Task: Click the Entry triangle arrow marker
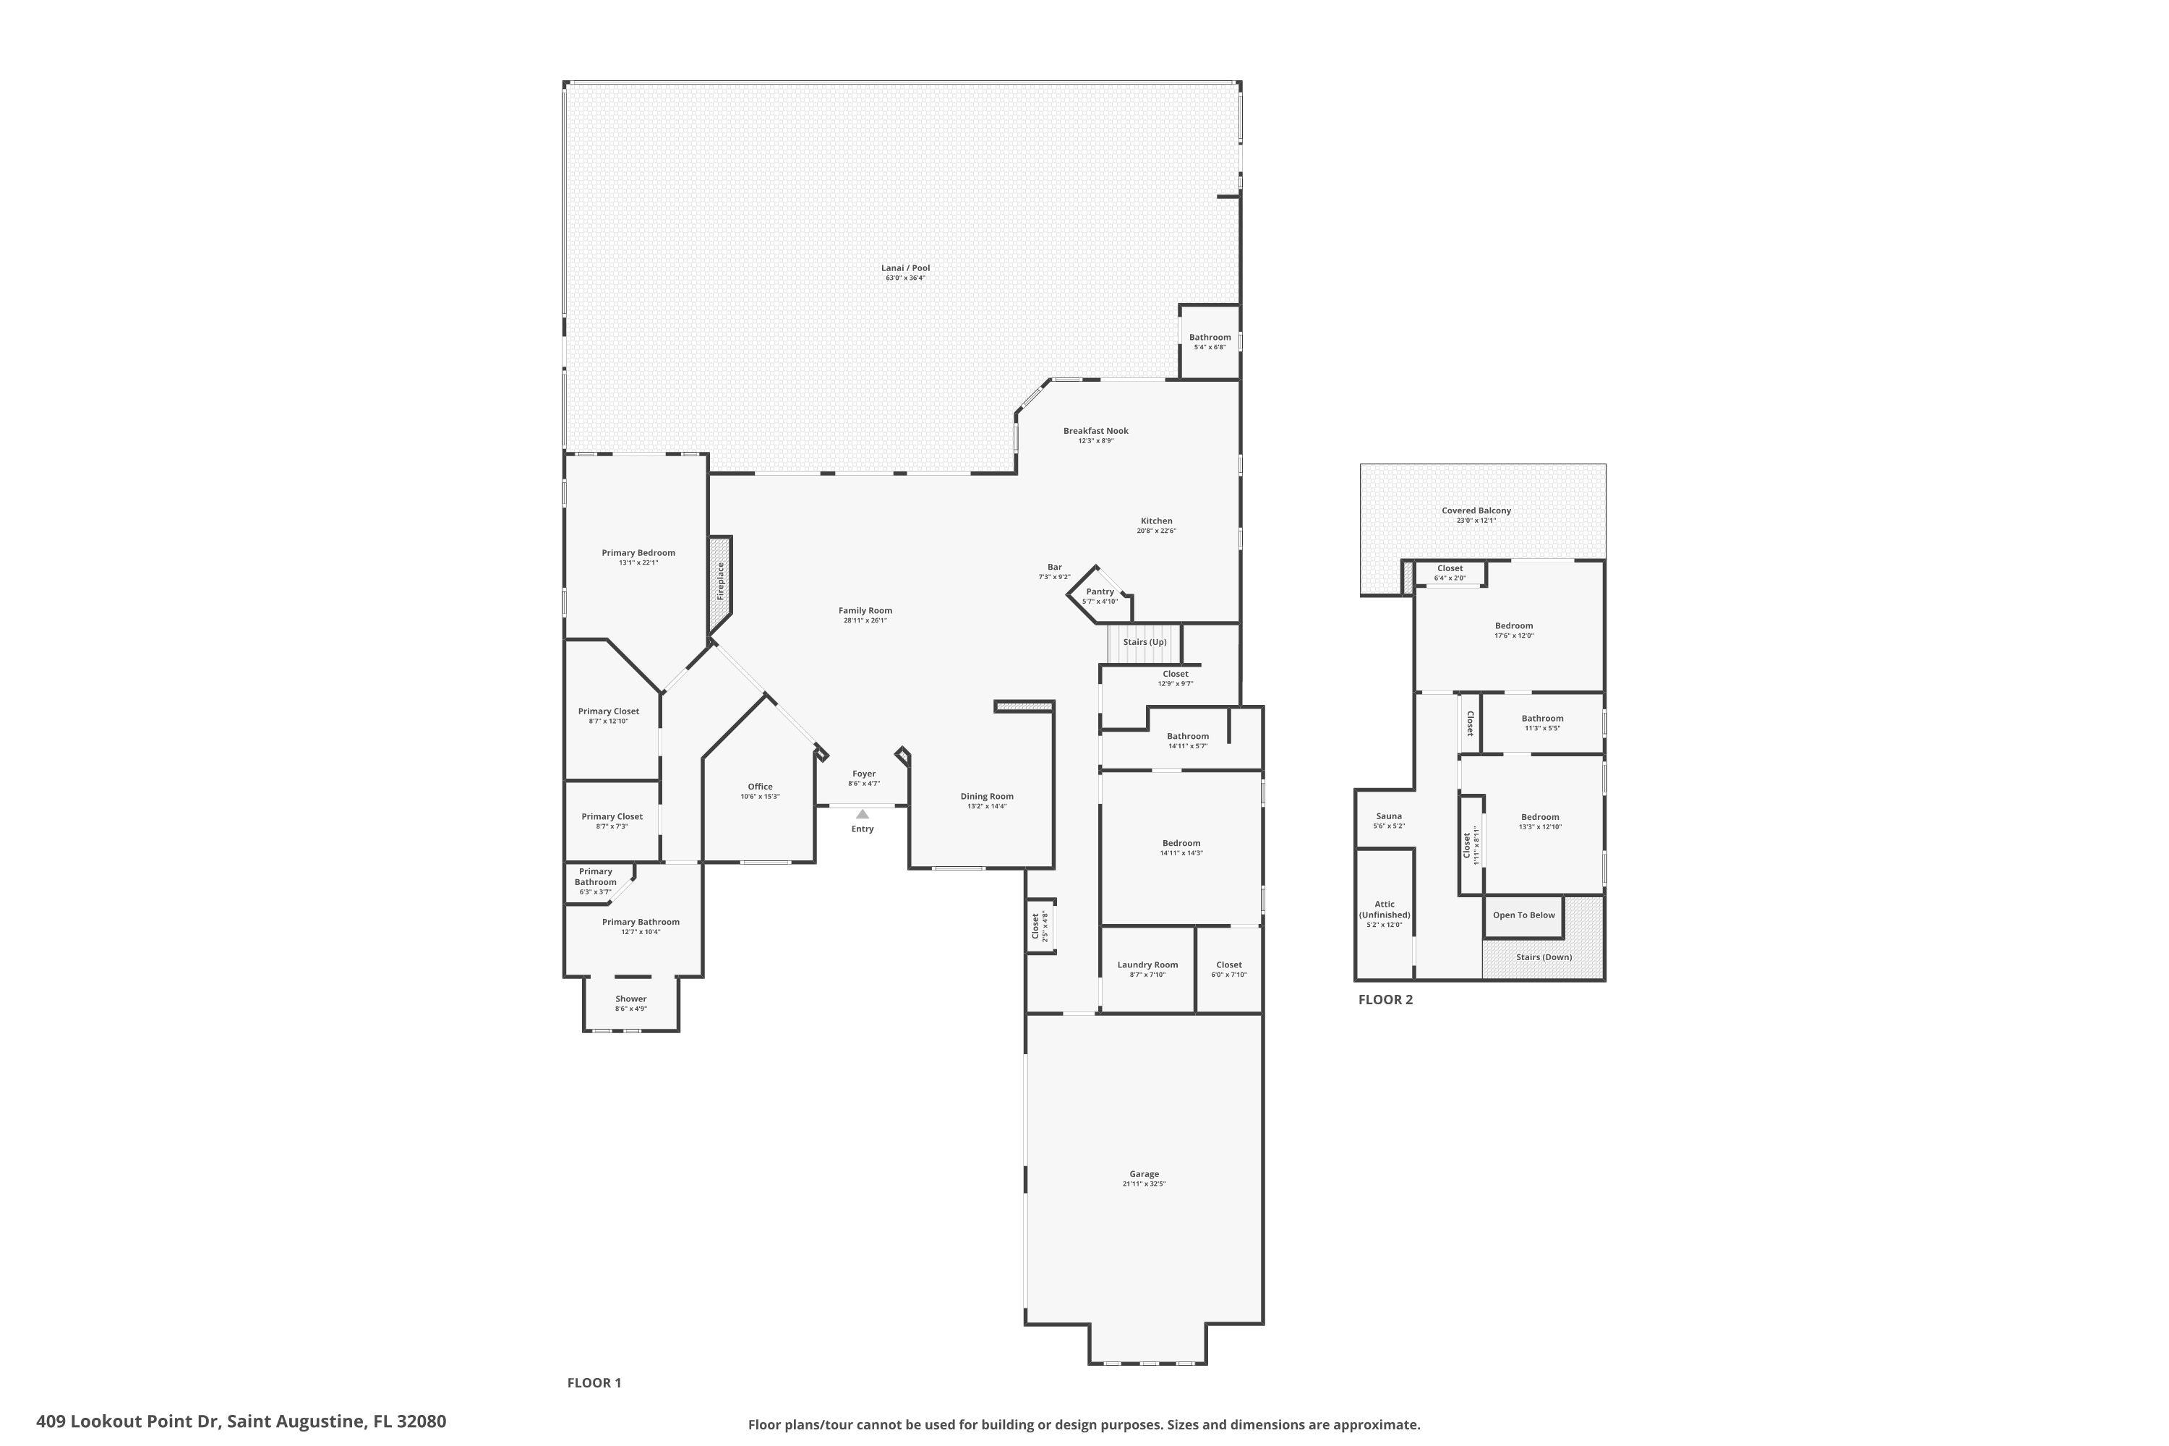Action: click(863, 814)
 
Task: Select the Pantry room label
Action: click(1099, 592)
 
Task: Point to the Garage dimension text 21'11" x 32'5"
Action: click(1144, 1184)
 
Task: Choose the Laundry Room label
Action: click(1147, 964)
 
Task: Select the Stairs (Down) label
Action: click(1544, 957)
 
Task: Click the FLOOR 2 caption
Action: click(1385, 1000)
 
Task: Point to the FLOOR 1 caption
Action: click(594, 1382)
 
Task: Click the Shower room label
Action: click(630, 998)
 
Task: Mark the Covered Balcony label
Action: click(1476, 511)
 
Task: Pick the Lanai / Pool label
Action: click(904, 268)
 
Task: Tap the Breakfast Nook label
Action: click(1095, 431)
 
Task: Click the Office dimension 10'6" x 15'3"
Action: click(760, 797)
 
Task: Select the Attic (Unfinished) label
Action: click(1385, 910)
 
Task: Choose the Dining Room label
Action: click(987, 796)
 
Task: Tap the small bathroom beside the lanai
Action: click(1209, 341)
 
